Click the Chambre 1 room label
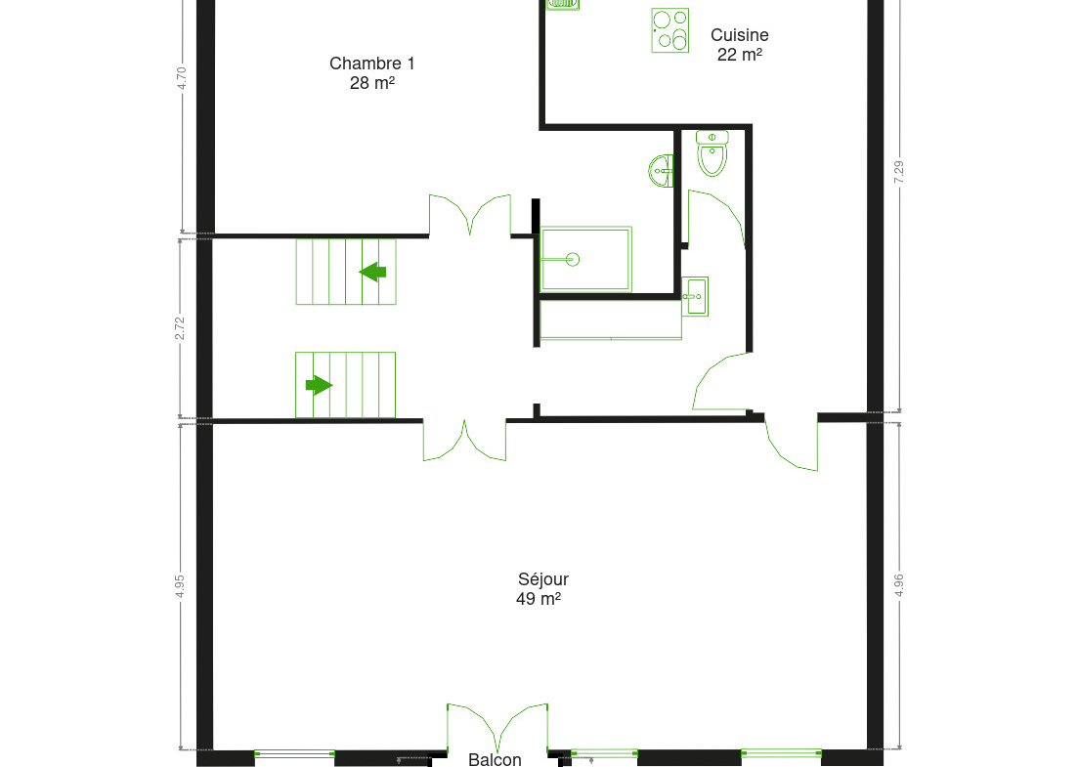[x=371, y=64]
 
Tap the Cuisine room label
[x=739, y=35]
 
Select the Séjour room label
[x=543, y=579]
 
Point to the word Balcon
[x=495, y=759]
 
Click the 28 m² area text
[x=371, y=82]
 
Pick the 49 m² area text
[x=539, y=599]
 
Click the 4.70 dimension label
[x=182, y=78]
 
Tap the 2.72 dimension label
[x=180, y=328]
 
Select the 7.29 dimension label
[x=899, y=172]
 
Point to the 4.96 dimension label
[x=899, y=585]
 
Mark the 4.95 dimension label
[x=180, y=586]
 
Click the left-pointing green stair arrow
[x=373, y=272]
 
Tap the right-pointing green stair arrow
[x=319, y=385]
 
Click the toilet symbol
[x=712, y=152]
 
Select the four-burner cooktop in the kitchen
[x=670, y=30]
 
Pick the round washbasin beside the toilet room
[x=661, y=171]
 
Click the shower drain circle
[x=573, y=259]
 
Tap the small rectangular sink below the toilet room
[x=695, y=296]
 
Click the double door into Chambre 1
[x=470, y=215]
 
